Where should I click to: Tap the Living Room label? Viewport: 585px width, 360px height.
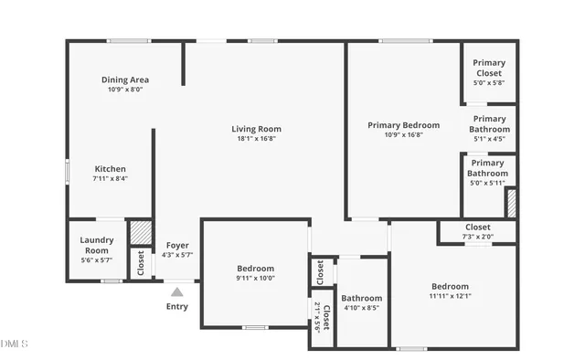(256, 129)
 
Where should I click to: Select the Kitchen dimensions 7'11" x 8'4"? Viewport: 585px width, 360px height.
(111, 179)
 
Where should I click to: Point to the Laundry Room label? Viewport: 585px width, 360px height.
(98, 245)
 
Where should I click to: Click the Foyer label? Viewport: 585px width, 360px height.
(177, 245)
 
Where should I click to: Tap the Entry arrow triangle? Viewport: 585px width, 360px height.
(177, 292)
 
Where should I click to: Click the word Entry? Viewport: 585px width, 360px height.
(177, 307)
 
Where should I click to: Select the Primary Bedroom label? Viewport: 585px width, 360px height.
(403, 125)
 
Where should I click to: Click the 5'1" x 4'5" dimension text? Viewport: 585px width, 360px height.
(489, 140)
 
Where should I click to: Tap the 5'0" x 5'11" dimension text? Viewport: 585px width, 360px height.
(488, 184)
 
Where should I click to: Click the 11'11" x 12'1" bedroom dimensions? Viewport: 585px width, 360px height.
(450, 296)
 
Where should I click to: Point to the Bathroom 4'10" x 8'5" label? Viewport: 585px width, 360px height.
(362, 302)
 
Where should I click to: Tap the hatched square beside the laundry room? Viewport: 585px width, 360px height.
(139, 232)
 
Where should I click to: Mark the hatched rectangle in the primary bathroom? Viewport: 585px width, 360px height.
(512, 203)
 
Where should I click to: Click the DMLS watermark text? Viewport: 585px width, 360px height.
(15, 344)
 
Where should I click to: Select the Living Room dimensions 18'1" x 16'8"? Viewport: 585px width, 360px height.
(256, 139)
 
